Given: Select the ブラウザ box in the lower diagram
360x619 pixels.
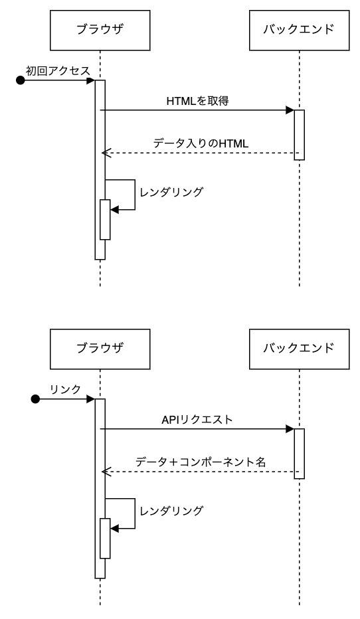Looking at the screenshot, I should (100, 347).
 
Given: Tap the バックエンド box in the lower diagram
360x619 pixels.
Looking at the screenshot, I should (299, 347).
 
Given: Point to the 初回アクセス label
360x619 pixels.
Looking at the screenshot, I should (58, 71).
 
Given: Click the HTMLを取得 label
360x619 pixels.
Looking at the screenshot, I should (198, 101).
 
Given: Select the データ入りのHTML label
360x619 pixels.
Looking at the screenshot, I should (201, 143).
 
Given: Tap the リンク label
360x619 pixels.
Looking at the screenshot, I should (65, 389).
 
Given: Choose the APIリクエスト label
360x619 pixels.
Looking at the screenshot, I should (197, 420).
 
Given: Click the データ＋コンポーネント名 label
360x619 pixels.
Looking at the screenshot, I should (201, 462).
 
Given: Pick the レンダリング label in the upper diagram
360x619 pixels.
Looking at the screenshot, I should (171, 192).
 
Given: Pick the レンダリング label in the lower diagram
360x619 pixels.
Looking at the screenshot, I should (171, 511).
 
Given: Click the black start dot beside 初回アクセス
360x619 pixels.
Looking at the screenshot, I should (21, 80).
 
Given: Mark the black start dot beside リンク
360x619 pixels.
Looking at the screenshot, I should (36, 399).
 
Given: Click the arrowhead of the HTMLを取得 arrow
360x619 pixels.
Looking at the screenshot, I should (290, 110).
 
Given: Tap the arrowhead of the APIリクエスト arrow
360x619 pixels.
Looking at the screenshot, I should (290, 429).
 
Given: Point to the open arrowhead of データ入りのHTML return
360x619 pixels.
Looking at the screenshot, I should (104, 153).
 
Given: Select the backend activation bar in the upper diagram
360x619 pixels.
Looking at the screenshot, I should (300, 135).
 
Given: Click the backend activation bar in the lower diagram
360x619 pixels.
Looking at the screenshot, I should (300, 454).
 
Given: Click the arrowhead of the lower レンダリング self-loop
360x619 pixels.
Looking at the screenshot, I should (114, 528).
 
